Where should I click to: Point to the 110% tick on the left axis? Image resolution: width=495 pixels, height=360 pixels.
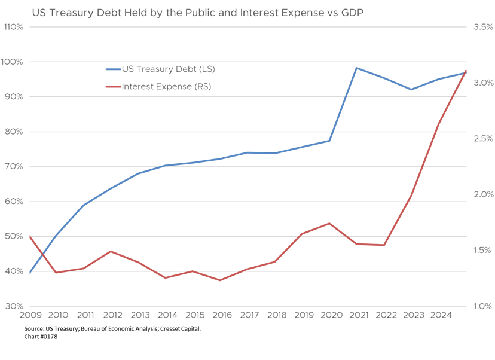(x=14, y=27)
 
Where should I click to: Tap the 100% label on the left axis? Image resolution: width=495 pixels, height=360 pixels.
(x=14, y=62)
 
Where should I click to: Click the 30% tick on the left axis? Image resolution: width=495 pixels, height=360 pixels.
(x=14, y=306)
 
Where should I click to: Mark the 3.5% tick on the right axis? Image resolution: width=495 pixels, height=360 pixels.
(x=482, y=27)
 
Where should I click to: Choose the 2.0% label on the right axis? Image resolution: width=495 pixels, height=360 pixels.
(x=482, y=194)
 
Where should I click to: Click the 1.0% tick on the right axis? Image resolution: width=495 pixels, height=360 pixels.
(x=482, y=306)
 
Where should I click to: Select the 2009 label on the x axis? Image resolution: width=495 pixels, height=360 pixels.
(x=30, y=315)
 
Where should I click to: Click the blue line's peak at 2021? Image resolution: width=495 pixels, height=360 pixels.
(x=357, y=68)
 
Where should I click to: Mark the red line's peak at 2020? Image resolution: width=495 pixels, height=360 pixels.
(x=329, y=223)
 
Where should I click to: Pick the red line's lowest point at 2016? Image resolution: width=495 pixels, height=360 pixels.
(x=221, y=280)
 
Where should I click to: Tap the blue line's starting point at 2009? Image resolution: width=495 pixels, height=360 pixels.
(x=30, y=273)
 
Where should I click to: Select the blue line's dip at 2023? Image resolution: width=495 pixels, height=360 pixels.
(x=411, y=89)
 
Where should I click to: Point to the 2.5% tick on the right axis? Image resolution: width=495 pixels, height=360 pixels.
(x=482, y=139)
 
